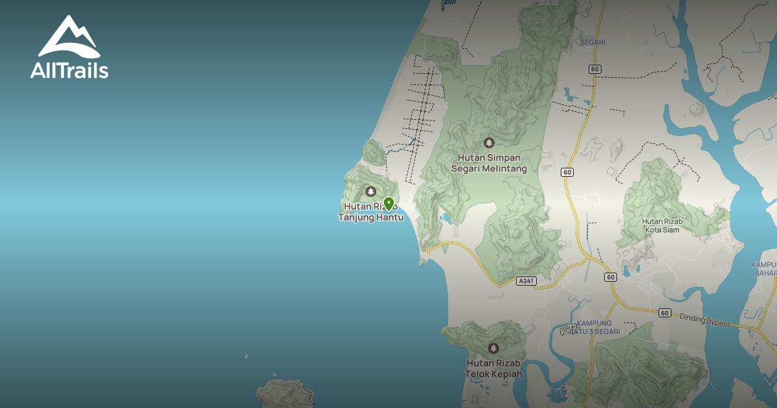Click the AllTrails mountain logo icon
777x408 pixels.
(x=69, y=38)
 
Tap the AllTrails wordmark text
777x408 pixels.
(x=69, y=69)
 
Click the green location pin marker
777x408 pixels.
(x=388, y=204)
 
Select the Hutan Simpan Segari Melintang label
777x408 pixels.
(x=489, y=163)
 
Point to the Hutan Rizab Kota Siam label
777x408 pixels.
(x=661, y=225)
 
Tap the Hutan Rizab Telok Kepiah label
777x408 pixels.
(x=493, y=368)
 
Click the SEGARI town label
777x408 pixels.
(x=593, y=42)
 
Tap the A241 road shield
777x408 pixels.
(x=527, y=281)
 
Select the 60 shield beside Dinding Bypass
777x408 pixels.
(x=665, y=313)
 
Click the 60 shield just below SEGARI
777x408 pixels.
(x=595, y=69)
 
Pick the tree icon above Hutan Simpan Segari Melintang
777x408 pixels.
(x=489, y=142)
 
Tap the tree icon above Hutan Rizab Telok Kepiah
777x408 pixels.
(x=493, y=348)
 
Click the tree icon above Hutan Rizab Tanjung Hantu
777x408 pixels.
(x=370, y=191)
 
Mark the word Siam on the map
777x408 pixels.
(x=671, y=229)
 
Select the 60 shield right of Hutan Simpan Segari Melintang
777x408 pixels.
(x=567, y=172)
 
